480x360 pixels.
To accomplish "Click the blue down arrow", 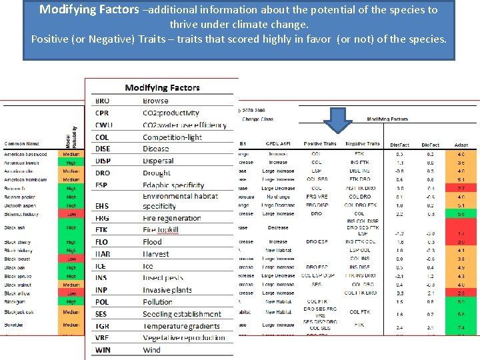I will [341, 122].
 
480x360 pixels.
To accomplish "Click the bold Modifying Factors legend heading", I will [162, 87].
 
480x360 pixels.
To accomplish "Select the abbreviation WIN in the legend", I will [103, 349].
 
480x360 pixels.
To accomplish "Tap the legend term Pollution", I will [157, 302].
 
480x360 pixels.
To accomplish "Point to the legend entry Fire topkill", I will [161, 230].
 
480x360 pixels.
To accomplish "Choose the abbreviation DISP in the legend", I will [103, 161].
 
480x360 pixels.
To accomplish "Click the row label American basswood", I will [26, 154].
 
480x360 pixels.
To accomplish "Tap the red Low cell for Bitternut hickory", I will [71, 215].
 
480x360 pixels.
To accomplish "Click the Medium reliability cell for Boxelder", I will [71, 325].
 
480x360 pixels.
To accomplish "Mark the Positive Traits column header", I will [320, 143].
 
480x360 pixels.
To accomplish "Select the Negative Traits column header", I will [363, 143].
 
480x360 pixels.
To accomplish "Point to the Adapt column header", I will [461, 144].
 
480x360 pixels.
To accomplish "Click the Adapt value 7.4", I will [461, 327].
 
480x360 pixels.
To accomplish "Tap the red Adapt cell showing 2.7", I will [461, 189].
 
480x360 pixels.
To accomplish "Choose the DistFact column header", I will [399, 144].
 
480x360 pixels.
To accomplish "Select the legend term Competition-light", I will [172, 137].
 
